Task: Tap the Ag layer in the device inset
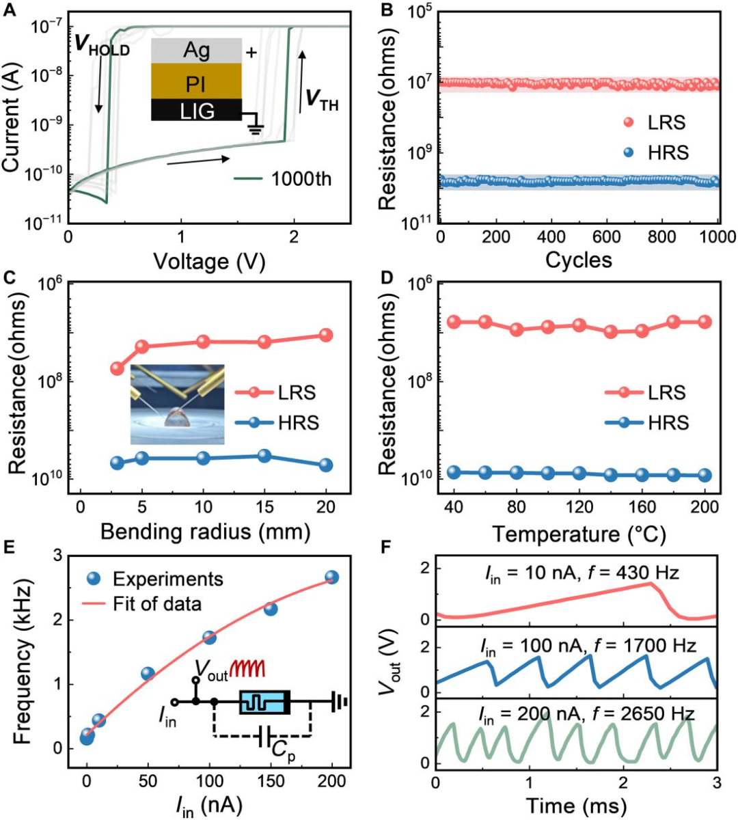[197, 51]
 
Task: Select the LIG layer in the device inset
[197, 111]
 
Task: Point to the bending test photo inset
[177, 405]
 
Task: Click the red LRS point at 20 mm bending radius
[326, 335]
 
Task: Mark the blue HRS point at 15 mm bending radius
[264, 456]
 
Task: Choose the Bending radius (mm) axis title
[205, 532]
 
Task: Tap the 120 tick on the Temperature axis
[579, 508]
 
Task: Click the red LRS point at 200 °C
[705, 322]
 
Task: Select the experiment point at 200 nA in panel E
[331, 577]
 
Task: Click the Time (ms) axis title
[576, 806]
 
